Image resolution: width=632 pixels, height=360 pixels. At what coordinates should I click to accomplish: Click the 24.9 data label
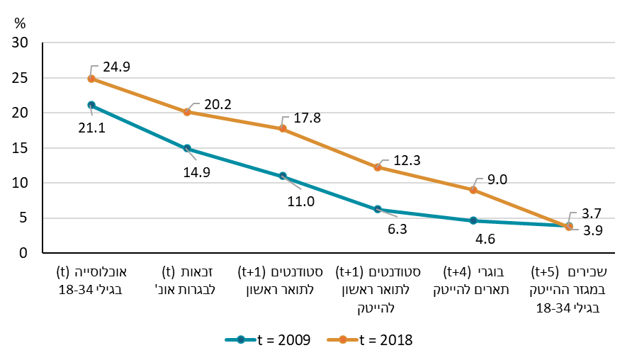coord(116,67)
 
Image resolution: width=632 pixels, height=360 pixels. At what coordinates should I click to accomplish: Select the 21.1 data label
coord(91,129)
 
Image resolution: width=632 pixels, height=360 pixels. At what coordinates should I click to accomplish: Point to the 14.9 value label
coord(196,171)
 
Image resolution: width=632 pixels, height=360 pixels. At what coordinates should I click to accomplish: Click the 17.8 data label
coord(307,118)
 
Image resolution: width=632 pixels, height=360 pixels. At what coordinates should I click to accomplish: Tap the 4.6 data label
coord(485,240)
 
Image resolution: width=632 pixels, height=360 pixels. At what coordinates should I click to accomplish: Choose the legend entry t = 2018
coord(370,340)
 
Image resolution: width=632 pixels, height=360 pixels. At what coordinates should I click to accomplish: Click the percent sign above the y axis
coord(19,22)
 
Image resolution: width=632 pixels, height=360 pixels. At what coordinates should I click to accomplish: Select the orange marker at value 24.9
coord(91,79)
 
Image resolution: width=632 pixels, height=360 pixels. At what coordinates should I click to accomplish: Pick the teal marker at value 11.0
coord(282,176)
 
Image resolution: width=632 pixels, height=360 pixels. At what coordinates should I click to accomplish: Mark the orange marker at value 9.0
coord(473,190)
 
